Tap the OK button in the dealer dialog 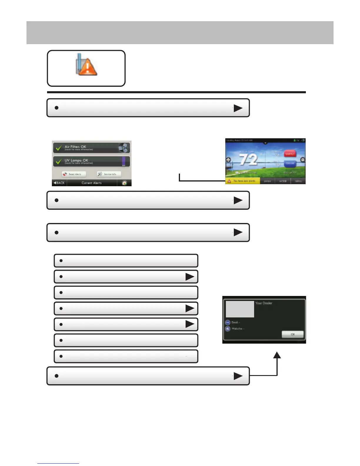(292, 334)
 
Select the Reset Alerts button (74, 174)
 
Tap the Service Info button (109, 174)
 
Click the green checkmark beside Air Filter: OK (59, 148)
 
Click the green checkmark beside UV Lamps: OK (59, 162)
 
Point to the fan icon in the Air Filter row (124, 148)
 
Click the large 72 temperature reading (249, 159)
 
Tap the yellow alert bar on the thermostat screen (243, 181)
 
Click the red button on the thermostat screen (290, 154)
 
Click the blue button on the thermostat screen (290, 164)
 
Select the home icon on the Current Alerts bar (124, 183)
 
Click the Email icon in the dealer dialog (228, 322)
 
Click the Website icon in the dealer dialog (228, 329)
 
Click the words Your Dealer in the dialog (264, 303)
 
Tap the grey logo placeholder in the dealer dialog (240, 309)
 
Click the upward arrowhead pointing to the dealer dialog (277, 355)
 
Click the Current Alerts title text (91, 183)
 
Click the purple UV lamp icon (124, 161)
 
